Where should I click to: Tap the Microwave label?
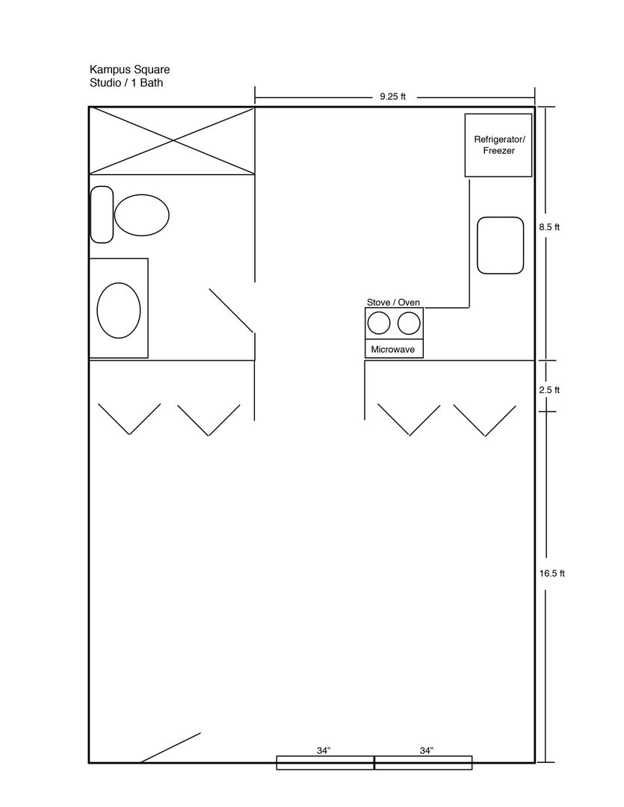tap(393, 350)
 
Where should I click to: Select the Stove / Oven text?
tap(393, 302)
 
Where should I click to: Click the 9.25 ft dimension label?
tap(393, 96)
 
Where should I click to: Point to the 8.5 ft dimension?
tap(549, 227)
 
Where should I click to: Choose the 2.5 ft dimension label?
tap(549, 390)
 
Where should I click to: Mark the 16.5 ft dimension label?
tap(552, 573)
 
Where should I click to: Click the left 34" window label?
tap(324, 751)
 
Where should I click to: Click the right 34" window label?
tap(427, 751)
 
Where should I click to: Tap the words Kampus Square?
tap(130, 69)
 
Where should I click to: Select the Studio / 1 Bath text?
tap(126, 83)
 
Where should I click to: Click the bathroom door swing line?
tap(231, 310)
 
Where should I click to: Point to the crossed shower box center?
tap(172, 140)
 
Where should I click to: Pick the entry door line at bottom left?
tap(170, 748)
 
